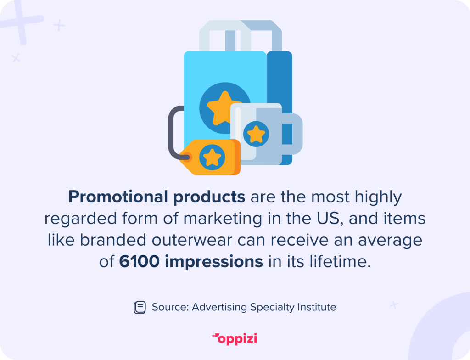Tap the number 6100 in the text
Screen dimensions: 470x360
(139, 261)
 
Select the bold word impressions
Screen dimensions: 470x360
(214, 262)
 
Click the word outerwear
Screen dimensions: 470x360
(192, 240)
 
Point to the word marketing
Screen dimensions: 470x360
(223, 219)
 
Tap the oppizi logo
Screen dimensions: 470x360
(235, 339)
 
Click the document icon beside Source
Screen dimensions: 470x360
(140, 307)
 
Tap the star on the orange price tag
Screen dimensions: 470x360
(212, 157)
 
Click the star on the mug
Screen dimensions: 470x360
(256, 134)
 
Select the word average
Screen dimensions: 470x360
(390, 240)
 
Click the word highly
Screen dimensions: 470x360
(378, 197)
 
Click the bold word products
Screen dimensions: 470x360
(209, 197)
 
